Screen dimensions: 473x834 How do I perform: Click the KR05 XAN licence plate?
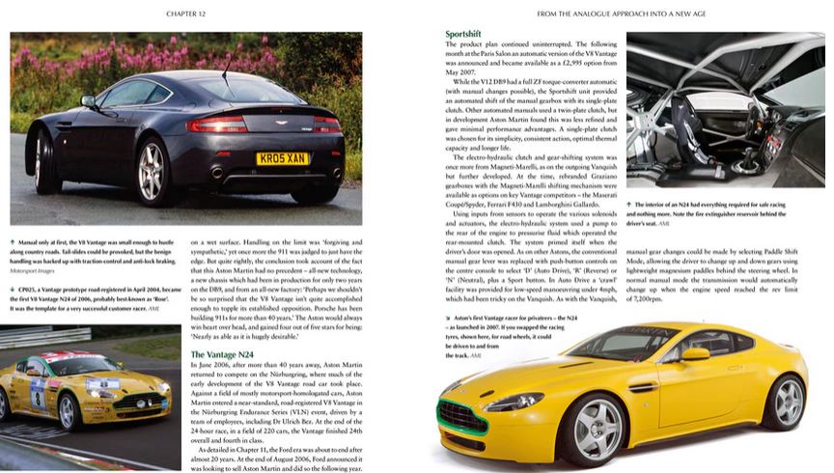click(283, 157)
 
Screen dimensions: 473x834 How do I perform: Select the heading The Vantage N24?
click(223, 354)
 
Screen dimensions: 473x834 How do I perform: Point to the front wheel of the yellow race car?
click(67, 412)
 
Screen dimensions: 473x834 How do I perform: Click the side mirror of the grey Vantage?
click(88, 100)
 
